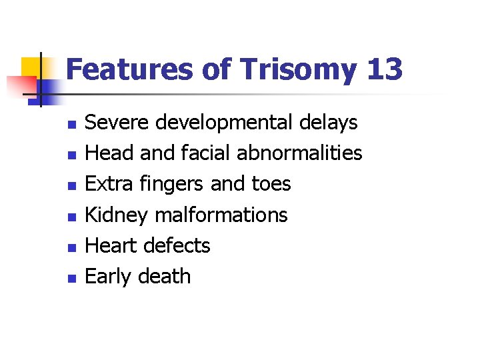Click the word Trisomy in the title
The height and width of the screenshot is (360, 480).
coord(290,69)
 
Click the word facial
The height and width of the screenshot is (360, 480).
coord(204,153)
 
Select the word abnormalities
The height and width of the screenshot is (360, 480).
coord(299,153)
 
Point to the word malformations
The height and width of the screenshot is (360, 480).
coord(221,215)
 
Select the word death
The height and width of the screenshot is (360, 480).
coord(164,276)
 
